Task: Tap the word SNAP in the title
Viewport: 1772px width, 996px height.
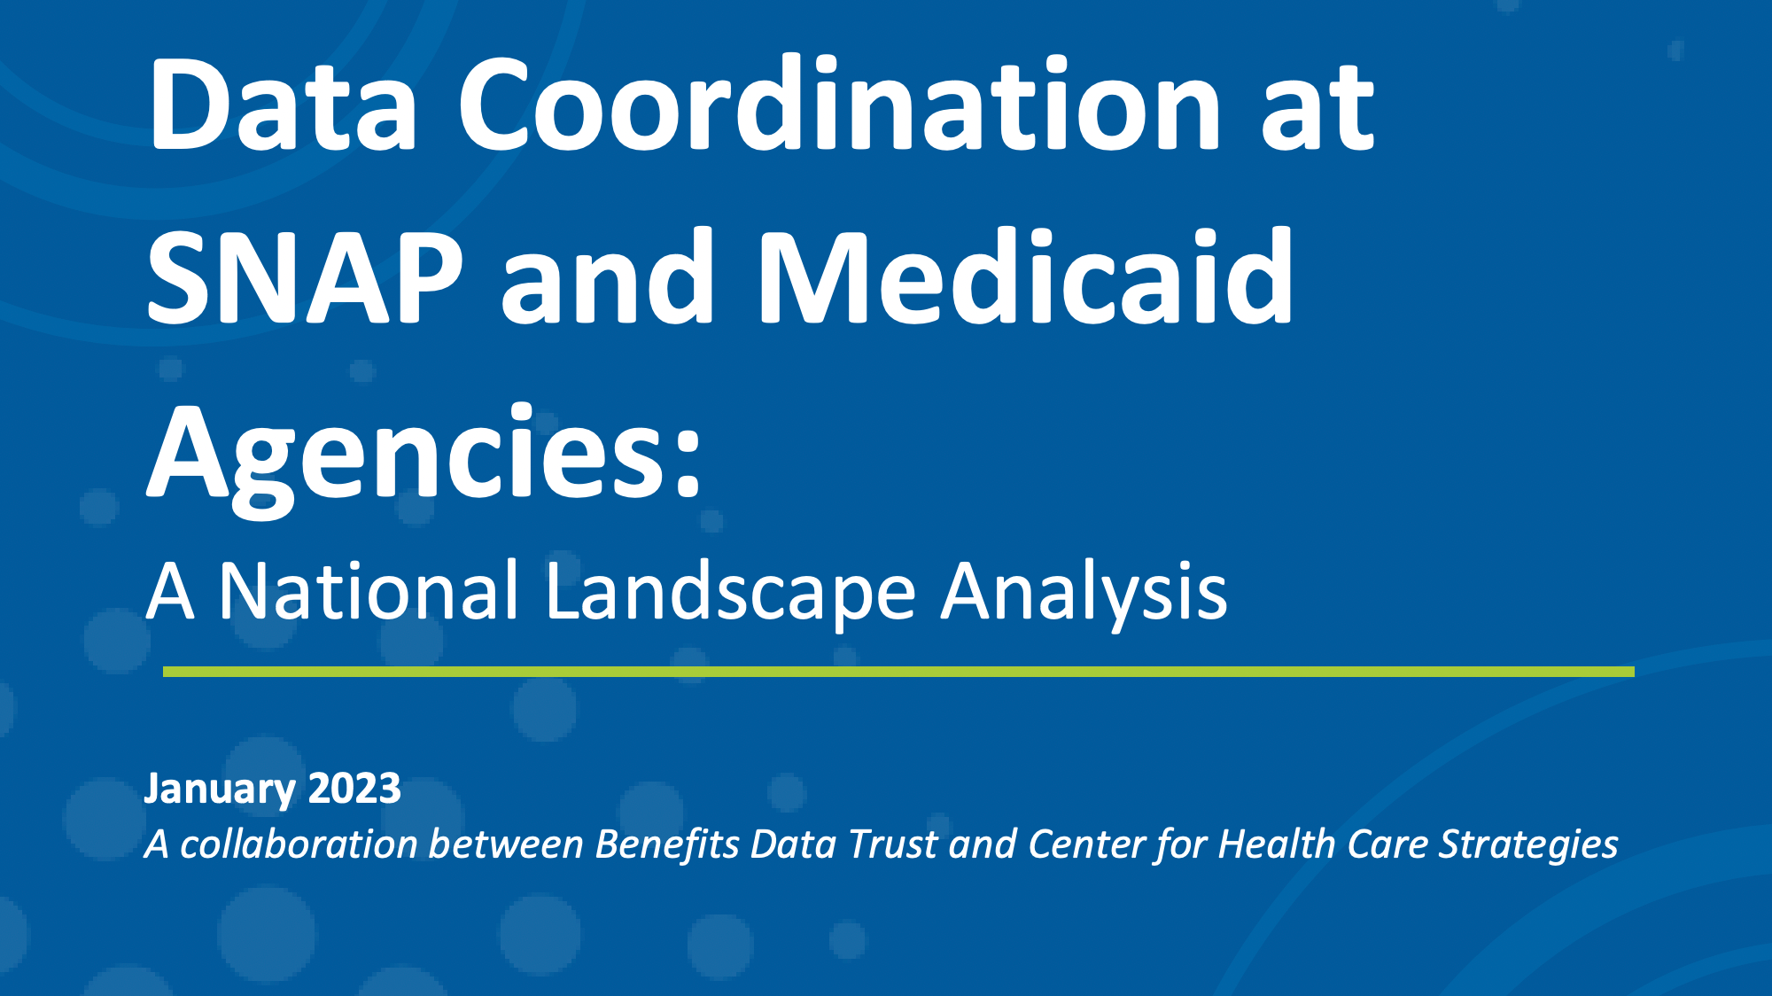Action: (x=305, y=277)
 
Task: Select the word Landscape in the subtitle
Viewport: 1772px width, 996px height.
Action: (x=730, y=593)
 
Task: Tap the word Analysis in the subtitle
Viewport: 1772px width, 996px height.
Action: (x=1084, y=593)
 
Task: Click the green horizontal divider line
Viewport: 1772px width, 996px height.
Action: (x=898, y=672)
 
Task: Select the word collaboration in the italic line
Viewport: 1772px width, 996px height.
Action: (x=299, y=844)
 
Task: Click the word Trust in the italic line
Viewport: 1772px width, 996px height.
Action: (x=892, y=844)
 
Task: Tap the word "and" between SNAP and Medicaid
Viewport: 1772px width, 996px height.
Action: (x=607, y=277)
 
